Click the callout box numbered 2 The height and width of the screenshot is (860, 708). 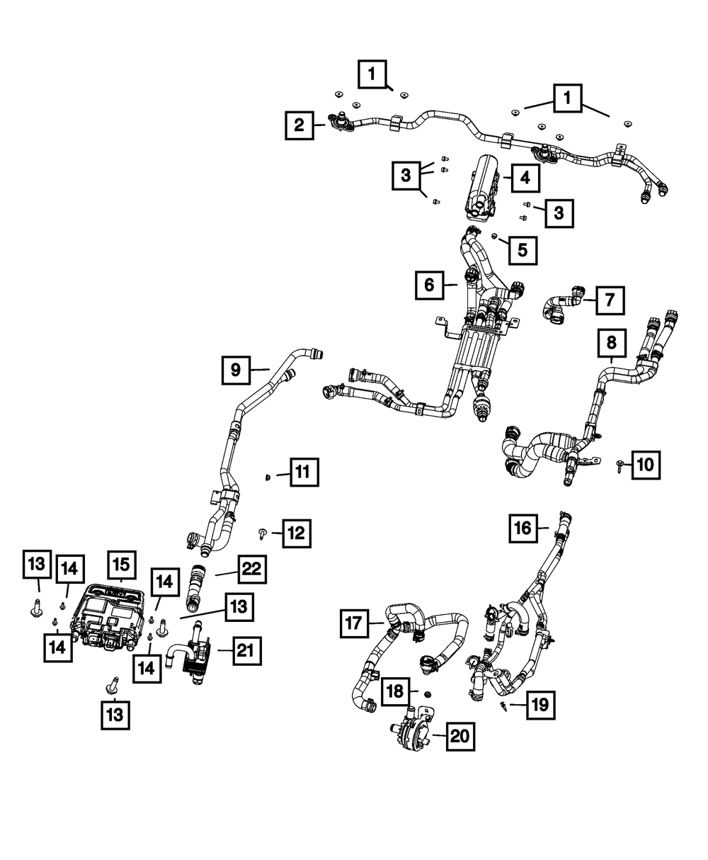[x=299, y=125]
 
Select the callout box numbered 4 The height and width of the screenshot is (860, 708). [x=525, y=178]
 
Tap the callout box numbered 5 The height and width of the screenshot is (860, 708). [x=523, y=250]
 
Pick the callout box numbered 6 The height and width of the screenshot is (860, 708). [x=429, y=285]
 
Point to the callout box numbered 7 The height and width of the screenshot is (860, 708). [x=610, y=300]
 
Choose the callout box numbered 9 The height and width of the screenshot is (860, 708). [x=236, y=370]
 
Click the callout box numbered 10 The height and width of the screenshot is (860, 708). [x=646, y=465]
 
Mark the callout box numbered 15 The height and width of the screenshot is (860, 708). [x=122, y=565]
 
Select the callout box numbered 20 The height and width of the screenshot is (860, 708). [x=460, y=737]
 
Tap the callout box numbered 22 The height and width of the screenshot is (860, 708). [x=252, y=570]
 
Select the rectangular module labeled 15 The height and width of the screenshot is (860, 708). [x=108, y=619]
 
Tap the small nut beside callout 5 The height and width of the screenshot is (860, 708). [x=495, y=236]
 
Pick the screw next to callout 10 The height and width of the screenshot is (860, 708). [x=619, y=465]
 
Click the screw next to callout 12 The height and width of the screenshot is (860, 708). [x=262, y=534]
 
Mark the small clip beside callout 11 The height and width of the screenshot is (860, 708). [x=268, y=477]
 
